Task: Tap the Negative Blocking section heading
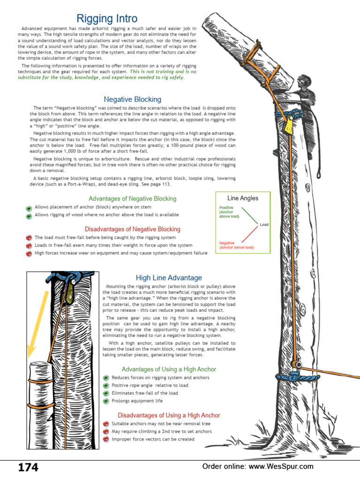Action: coord(132,99)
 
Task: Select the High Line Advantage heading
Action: coord(169,278)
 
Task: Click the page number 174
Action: coord(28,467)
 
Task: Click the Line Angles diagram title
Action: coord(242,198)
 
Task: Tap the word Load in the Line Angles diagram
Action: coord(264,225)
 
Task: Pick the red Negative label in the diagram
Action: coord(227,243)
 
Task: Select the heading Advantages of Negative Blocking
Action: coord(132,199)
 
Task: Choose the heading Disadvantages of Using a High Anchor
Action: coord(169,415)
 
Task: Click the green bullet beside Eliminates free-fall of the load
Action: coord(106,393)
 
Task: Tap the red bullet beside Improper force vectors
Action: coord(106,439)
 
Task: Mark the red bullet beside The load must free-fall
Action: coord(29,238)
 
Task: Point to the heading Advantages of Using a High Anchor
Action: coord(169,369)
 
